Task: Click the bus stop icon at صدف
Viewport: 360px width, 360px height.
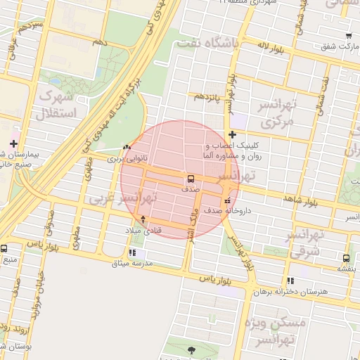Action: click(190, 179)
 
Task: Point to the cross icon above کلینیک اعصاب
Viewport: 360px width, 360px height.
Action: click(232, 135)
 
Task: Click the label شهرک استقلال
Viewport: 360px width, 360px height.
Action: click(59, 103)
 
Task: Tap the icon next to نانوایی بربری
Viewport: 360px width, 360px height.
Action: click(126, 148)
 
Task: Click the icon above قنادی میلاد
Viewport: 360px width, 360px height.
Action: click(143, 219)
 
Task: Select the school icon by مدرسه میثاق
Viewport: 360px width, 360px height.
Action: click(133, 253)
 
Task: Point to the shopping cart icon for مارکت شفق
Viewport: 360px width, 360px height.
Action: click(349, 35)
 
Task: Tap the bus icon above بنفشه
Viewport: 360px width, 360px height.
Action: click(346, 257)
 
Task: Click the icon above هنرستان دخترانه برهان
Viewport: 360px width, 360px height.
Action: click(290, 280)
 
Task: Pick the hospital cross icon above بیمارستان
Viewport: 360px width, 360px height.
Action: click(13, 143)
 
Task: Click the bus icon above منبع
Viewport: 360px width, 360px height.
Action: click(4, 249)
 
